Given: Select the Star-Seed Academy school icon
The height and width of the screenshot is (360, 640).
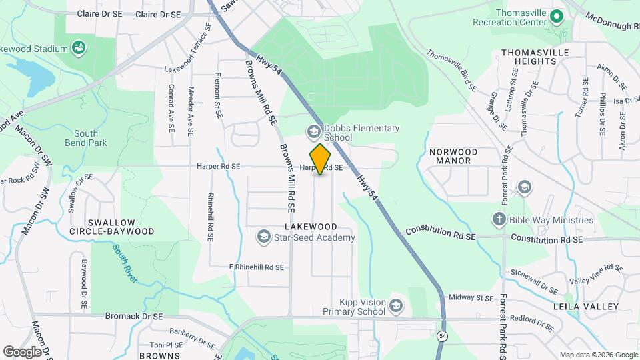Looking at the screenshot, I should (x=264, y=237).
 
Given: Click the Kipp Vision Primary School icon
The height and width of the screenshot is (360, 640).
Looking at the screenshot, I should (x=396, y=306).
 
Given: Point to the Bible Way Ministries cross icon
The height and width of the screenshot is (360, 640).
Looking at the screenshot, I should (x=499, y=219).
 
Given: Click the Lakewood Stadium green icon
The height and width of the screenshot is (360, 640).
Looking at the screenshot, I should (x=79, y=48).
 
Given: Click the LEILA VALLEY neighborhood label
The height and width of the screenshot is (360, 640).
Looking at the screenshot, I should (x=577, y=306).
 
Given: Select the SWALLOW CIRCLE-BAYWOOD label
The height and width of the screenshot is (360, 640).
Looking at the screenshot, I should (x=111, y=227).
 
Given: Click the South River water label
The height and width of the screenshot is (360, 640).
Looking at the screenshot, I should (x=125, y=263).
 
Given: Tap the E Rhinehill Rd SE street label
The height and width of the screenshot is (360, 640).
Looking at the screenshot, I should (x=257, y=267).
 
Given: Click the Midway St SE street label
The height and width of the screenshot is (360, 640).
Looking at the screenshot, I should (x=471, y=297).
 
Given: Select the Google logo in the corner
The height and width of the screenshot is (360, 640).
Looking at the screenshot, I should (x=22, y=351).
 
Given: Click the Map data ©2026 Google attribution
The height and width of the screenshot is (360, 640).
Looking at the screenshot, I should (x=599, y=355).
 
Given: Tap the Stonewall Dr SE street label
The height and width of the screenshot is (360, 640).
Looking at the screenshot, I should (x=533, y=281).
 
